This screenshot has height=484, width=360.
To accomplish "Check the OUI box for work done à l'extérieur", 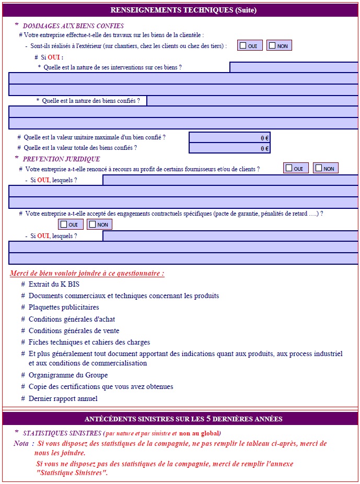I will [x=243, y=46].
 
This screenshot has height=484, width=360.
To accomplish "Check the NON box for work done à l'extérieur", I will [x=272, y=46].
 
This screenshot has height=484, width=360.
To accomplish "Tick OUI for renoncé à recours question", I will [x=289, y=168].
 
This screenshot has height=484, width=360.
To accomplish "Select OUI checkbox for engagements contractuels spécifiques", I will [x=64, y=225].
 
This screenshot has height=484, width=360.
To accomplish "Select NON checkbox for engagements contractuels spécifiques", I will [x=92, y=225].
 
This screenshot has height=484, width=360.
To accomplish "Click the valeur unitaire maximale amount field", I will [x=229, y=138].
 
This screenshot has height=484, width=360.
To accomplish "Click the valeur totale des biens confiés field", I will [x=229, y=148].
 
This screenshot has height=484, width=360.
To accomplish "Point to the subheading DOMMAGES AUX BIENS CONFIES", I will [x=73, y=26].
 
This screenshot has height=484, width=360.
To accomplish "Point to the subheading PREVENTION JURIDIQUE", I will [x=61, y=159].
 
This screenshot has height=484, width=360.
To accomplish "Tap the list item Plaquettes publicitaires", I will [x=64, y=308].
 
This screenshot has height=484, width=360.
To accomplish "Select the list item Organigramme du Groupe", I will [x=68, y=375].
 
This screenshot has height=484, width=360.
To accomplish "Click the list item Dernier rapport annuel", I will [x=63, y=399].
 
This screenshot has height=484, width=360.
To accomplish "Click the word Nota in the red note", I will [x=21, y=443].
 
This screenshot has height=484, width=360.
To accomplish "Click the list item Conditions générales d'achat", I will [x=72, y=319].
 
